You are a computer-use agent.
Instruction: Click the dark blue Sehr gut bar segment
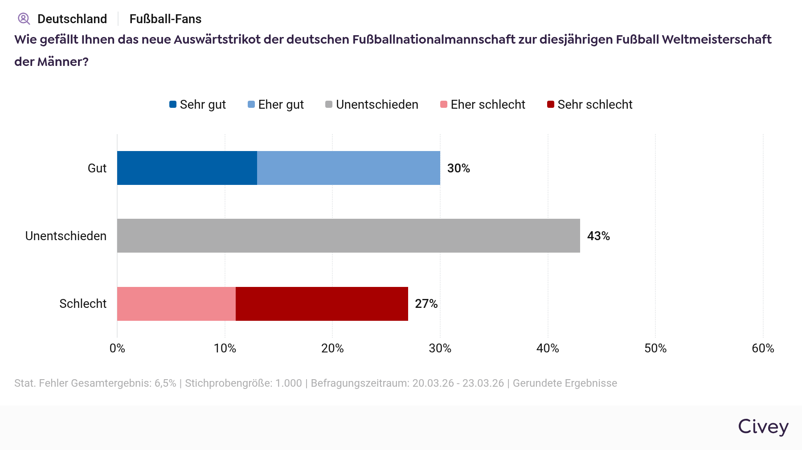tap(187, 168)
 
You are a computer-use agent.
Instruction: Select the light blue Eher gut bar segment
tap(348, 168)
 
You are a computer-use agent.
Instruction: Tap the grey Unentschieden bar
tap(348, 236)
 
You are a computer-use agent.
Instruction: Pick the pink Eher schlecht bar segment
tap(176, 304)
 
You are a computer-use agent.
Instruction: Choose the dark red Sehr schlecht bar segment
tap(322, 304)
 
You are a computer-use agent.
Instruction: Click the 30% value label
tap(458, 168)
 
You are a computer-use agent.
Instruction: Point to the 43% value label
tap(598, 236)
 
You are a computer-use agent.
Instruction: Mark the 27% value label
tap(426, 304)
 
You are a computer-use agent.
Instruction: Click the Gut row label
tap(97, 168)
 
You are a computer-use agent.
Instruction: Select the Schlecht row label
tap(83, 304)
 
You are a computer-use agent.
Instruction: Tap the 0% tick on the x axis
tap(117, 348)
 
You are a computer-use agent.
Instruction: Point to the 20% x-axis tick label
tap(332, 348)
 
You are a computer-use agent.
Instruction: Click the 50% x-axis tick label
tap(655, 348)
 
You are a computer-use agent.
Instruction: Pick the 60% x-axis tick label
tap(763, 348)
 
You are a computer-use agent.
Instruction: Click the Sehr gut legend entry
tap(198, 105)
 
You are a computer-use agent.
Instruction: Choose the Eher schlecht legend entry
tap(483, 105)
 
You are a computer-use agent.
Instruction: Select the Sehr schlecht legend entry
tap(590, 105)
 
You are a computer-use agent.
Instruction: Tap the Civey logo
tap(763, 427)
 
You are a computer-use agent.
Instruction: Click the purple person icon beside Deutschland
tap(24, 19)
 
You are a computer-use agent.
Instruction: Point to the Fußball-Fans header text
tap(165, 19)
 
